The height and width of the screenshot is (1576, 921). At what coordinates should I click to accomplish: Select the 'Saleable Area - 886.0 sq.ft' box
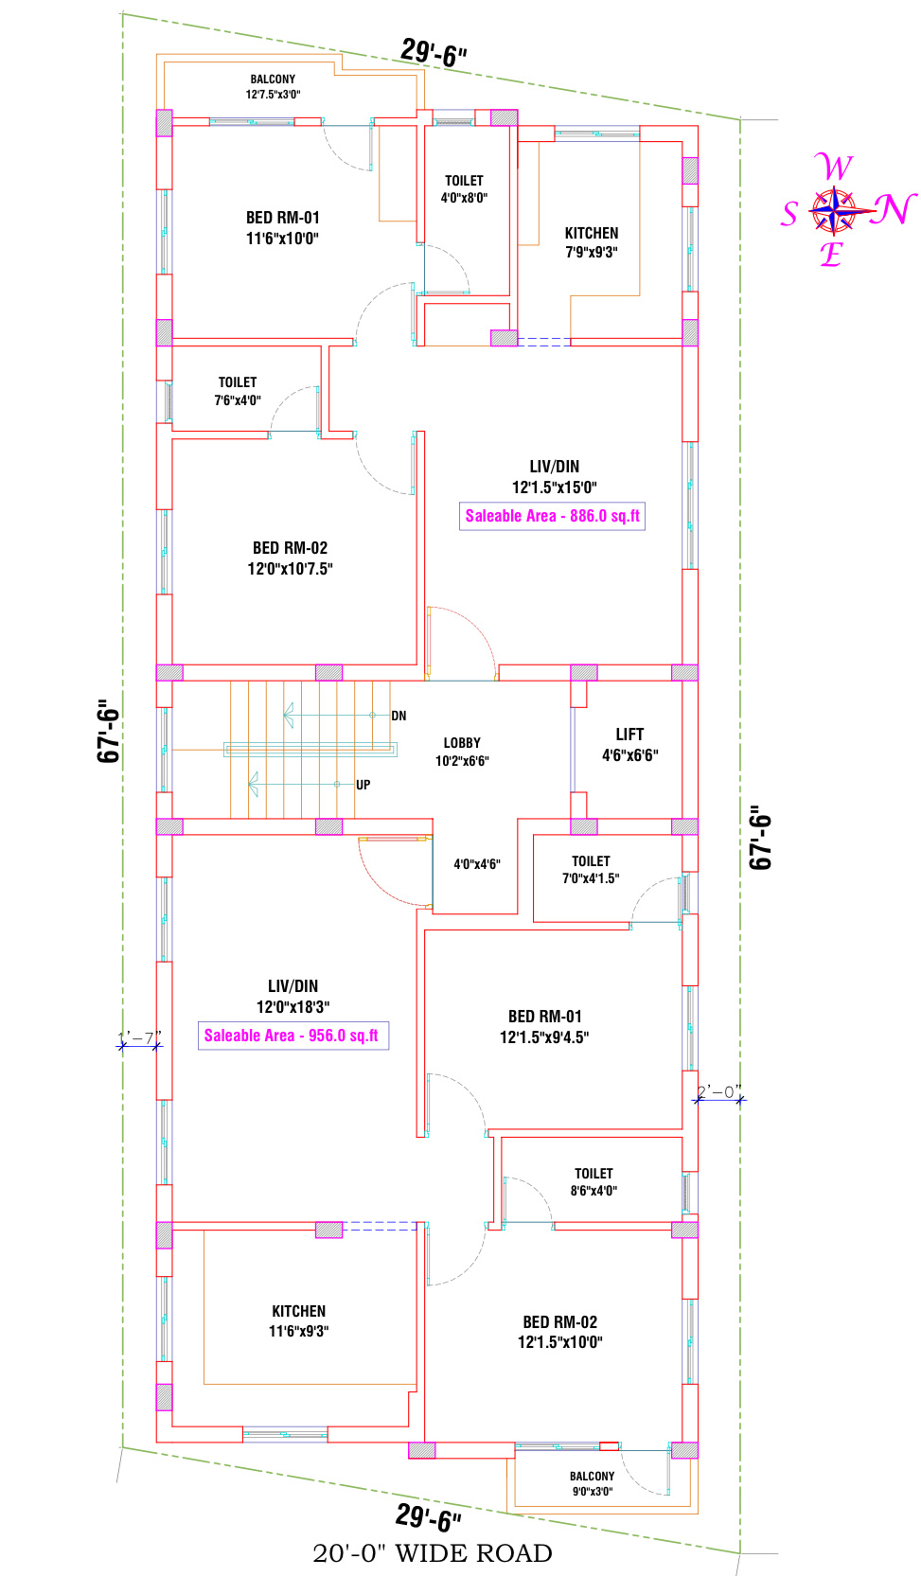coord(553,516)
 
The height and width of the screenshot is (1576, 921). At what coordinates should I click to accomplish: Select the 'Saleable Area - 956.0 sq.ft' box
coord(293,1036)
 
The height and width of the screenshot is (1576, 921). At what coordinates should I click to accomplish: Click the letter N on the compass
coord(893,210)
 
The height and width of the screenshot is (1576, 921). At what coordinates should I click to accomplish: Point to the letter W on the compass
coord(835,168)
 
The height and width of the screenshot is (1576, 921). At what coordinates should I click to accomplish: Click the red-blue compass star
coord(834,210)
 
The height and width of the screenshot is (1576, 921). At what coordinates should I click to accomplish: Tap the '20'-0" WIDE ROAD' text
coord(432,1552)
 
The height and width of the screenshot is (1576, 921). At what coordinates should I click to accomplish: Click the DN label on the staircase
coord(399,716)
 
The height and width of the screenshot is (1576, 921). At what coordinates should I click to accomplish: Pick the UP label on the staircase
coord(363,785)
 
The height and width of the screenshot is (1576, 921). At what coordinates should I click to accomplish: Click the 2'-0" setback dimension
coord(719,1092)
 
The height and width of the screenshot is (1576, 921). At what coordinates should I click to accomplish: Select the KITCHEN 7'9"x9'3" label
coord(592,242)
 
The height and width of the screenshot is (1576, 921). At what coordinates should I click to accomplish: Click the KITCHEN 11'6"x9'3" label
coord(299,1320)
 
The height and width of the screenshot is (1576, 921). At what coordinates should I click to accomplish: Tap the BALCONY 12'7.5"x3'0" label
coord(273,86)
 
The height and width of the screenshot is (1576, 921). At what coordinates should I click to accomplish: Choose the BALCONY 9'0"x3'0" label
coord(593,1484)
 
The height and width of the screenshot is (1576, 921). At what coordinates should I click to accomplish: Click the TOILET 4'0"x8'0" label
coord(465,189)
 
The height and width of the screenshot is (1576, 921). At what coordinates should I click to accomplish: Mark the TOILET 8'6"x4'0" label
coord(593,1182)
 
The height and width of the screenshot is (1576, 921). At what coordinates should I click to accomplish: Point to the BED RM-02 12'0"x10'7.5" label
coord(290,558)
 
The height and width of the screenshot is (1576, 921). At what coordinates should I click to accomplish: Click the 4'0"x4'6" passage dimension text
coord(477,864)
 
